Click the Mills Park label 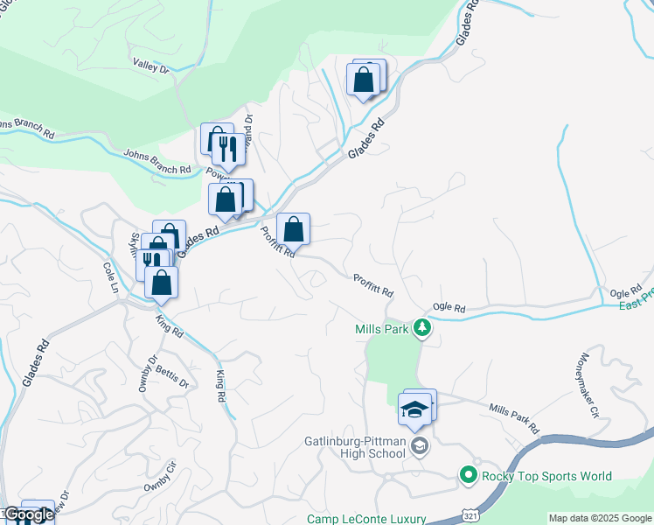(383, 329)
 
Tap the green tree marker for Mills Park (422, 329)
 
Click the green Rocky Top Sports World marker (469, 475)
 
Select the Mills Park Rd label (513, 419)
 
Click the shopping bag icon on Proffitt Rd (294, 230)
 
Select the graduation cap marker (414, 409)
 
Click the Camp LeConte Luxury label (365, 519)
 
